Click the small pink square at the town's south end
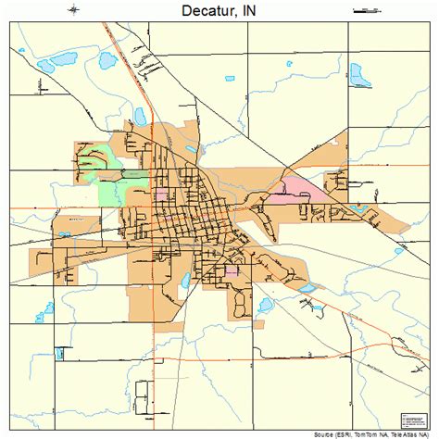(x=232, y=272)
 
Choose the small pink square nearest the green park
(x=162, y=195)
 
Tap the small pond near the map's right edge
(x=399, y=250)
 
